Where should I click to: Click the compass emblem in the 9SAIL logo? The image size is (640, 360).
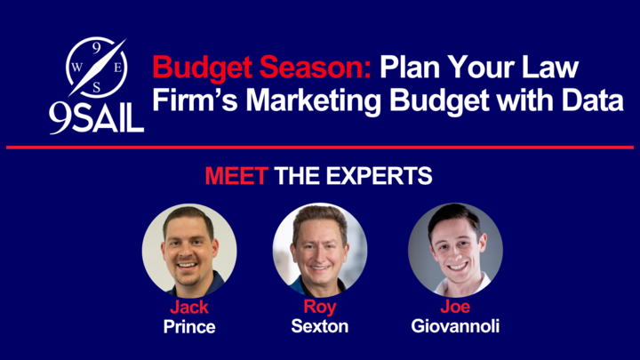(x=96, y=68)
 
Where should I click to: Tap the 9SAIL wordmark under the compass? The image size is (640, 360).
(x=96, y=117)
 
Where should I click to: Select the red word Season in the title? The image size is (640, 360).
(x=315, y=67)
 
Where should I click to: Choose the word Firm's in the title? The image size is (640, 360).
(x=195, y=100)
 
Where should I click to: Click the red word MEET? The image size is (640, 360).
(x=236, y=176)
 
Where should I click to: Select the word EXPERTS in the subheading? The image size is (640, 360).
(x=379, y=176)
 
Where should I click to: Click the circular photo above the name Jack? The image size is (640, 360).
(x=189, y=250)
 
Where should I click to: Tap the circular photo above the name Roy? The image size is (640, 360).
(x=320, y=250)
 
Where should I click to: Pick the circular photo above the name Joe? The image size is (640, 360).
(x=455, y=250)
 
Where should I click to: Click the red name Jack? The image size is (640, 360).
(x=189, y=307)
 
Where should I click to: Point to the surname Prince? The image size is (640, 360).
(x=189, y=326)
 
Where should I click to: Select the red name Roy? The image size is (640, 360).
(x=320, y=308)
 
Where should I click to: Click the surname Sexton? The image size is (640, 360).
(x=320, y=326)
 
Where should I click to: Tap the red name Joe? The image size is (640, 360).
(x=455, y=307)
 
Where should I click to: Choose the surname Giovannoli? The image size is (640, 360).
(x=455, y=326)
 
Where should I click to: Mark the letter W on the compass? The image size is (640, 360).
(x=76, y=68)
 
